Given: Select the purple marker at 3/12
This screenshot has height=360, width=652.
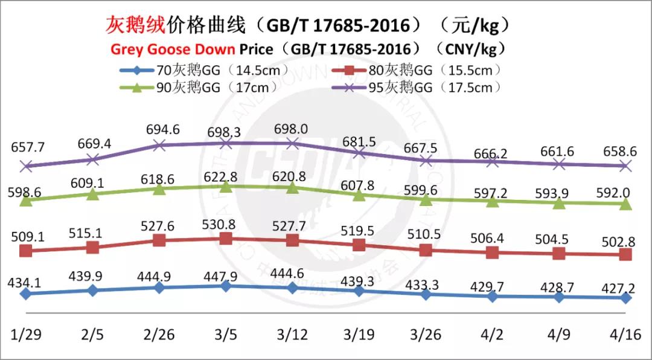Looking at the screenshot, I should [292, 143].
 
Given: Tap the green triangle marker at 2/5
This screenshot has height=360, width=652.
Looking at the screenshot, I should [92, 194].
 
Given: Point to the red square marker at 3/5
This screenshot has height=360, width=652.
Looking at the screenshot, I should [225, 239].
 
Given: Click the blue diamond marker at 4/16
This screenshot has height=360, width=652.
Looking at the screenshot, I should [626, 298].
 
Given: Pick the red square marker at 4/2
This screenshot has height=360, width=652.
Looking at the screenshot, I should [492, 252].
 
